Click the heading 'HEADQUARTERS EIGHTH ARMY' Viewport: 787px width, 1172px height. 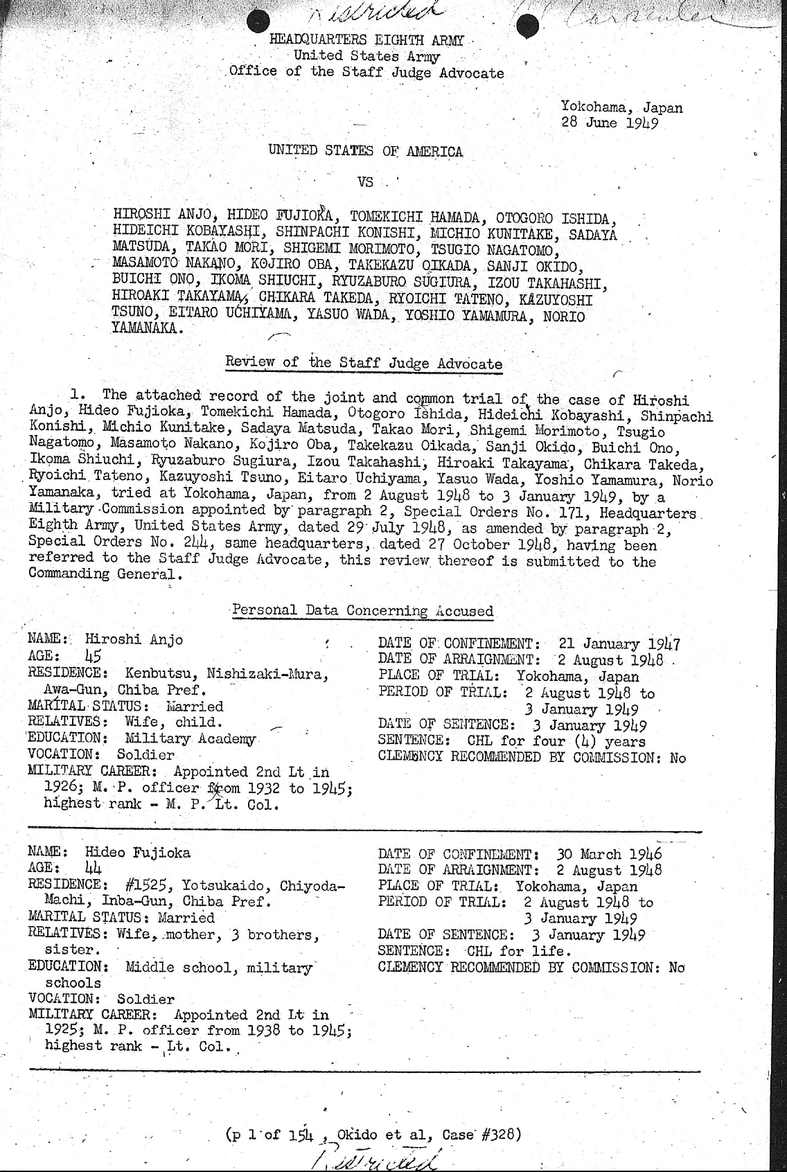[366, 40]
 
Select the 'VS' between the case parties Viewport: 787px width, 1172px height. [365, 182]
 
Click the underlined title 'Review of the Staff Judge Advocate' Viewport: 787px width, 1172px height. [364, 363]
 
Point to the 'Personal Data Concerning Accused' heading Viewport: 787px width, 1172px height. [362, 611]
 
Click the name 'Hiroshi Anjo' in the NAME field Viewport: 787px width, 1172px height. [134, 639]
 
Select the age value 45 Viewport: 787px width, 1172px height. [93, 655]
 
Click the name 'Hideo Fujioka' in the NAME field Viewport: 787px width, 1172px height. [137, 853]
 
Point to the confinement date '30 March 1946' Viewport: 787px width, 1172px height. [610, 854]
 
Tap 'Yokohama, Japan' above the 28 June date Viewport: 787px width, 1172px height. [621, 107]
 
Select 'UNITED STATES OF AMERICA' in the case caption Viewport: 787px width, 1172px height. [365, 151]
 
